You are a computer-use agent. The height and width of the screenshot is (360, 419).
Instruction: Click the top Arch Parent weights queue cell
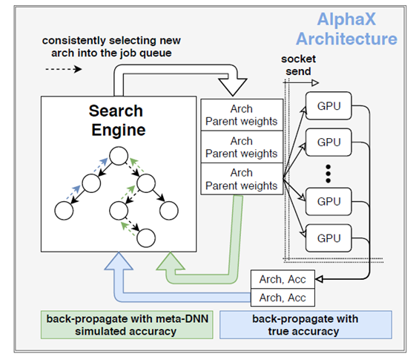[x=242, y=115]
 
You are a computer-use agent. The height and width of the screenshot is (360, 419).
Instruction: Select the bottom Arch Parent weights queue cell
[x=242, y=179]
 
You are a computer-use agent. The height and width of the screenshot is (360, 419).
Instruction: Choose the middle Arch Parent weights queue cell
[x=242, y=147]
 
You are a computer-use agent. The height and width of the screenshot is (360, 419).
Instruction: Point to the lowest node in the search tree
[x=145, y=238]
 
